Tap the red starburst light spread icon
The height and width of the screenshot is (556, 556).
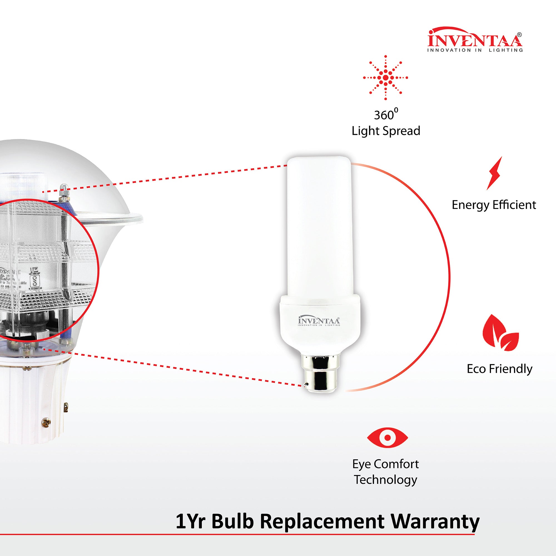[385, 78]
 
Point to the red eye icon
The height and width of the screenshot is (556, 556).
[387, 437]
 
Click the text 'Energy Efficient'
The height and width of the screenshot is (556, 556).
[493, 205]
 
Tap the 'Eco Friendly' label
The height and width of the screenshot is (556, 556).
[499, 369]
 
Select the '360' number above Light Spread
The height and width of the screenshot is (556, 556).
[384, 115]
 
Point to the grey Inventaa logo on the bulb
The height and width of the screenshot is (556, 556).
[319, 321]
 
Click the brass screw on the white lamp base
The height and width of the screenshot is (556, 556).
[46, 423]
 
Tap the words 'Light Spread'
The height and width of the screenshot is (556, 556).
[386, 131]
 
